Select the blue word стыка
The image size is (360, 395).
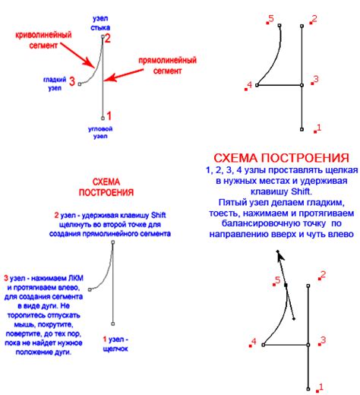[x=99, y=26]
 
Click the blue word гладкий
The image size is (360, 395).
[x=53, y=77]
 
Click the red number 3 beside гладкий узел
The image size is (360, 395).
[x=71, y=81]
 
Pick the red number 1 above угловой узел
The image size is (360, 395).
[x=109, y=116]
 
